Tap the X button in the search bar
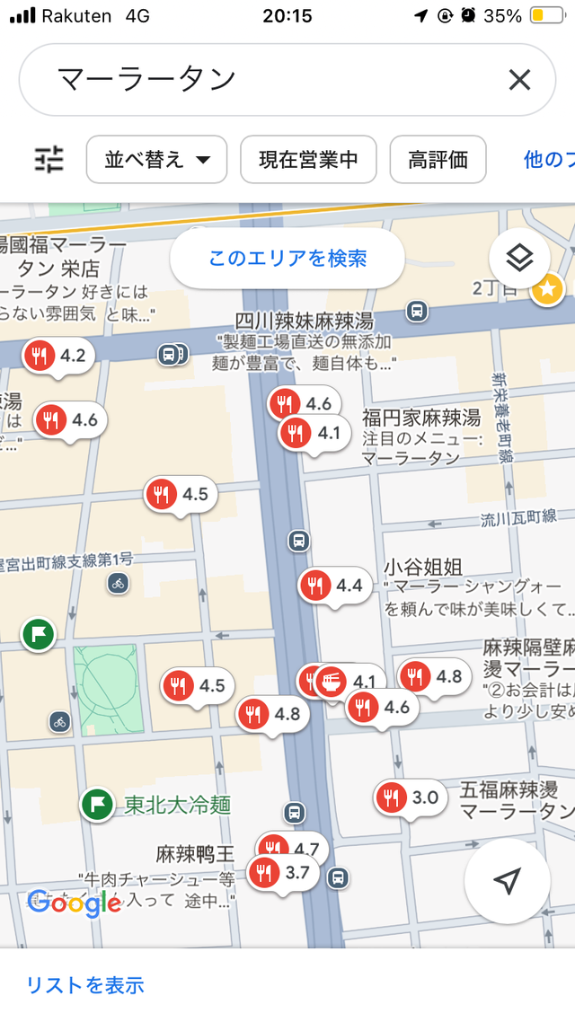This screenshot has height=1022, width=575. [x=519, y=81]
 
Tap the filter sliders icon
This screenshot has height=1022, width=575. [x=49, y=160]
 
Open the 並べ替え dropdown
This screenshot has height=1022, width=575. [x=157, y=160]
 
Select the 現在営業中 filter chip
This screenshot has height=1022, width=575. [x=308, y=160]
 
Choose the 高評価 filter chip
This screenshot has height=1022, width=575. [x=438, y=160]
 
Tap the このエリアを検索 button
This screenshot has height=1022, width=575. [x=287, y=259]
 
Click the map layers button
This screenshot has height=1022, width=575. [x=519, y=259]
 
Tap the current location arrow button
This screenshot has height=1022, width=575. [x=508, y=881]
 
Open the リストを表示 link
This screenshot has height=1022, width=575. [x=85, y=984]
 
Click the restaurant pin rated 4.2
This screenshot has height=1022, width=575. [x=59, y=356]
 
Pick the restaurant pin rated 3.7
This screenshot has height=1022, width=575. [x=284, y=872]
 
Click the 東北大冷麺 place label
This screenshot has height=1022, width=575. [x=177, y=804]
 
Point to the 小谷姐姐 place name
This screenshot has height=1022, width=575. [x=423, y=567]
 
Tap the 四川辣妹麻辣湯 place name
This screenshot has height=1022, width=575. [x=304, y=321]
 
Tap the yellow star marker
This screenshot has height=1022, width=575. [x=547, y=289]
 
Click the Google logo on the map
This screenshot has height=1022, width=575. [x=75, y=903]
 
